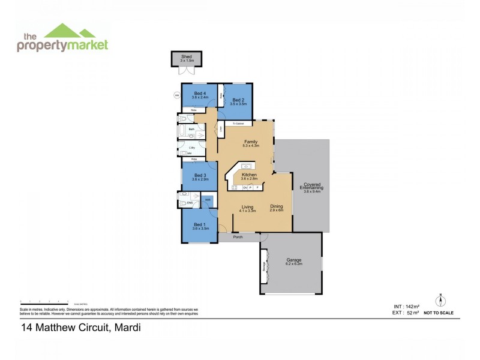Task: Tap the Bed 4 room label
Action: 192,94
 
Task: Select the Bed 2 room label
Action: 238,100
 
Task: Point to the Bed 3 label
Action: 192,175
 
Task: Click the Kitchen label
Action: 248,174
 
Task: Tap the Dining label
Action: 276,206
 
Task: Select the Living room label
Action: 247,206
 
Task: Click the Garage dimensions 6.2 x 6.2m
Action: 294,264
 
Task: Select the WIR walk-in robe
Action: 208,200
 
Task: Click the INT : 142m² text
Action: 398,306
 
